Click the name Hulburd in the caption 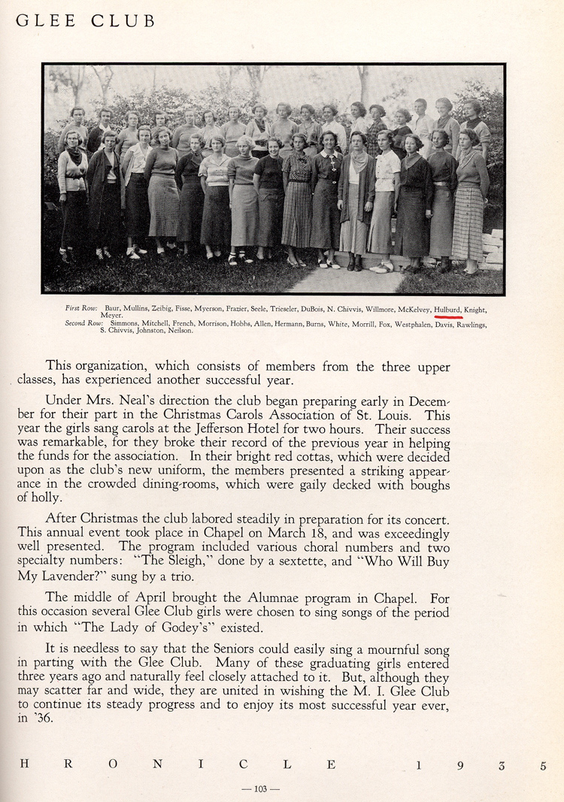(447, 309)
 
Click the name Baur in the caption (113, 310)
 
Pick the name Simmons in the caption (125, 324)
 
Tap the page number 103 (261, 788)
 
